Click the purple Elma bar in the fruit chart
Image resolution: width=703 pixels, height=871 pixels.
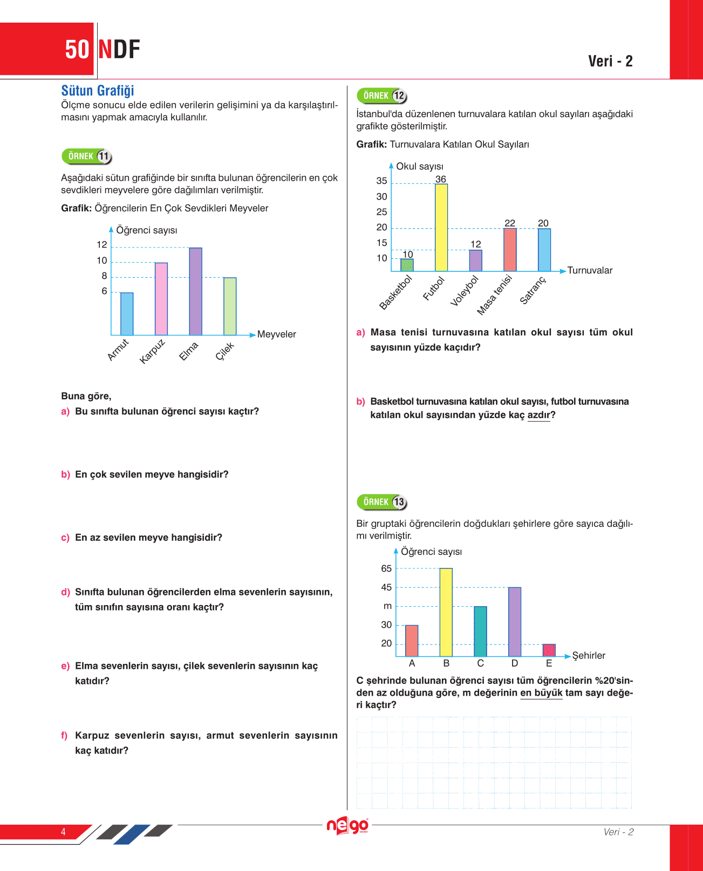(x=195, y=291)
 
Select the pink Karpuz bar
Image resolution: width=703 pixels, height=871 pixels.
(x=161, y=299)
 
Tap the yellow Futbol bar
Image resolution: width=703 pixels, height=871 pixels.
(x=441, y=228)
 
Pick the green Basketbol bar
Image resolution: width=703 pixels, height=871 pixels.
(x=407, y=265)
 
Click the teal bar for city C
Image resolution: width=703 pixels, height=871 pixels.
(x=480, y=631)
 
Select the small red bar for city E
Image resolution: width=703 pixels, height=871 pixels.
(x=549, y=650)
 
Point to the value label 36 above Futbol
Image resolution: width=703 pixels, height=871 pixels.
(x=441, y=179)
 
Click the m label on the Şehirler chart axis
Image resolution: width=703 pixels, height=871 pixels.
(x=387, y=606)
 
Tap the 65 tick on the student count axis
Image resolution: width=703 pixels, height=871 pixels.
(x=386, y=568)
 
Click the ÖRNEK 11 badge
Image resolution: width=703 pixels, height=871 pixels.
(x=87, y=156)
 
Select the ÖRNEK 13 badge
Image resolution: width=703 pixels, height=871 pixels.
(x=381, y=502)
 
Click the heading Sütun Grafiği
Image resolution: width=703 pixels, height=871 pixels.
(x=98, y=91)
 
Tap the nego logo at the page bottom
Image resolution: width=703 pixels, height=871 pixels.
(x=348, y=826)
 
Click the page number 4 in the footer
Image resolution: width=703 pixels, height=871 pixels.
(x=63, y=832)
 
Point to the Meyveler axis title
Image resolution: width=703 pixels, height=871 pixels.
(x=277, y=334)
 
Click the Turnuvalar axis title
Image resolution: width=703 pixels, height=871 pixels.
(x=590, y=270)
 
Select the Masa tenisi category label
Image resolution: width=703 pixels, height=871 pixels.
(x=494, y=295)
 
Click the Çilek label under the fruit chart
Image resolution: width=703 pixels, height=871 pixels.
(x=225, y=351)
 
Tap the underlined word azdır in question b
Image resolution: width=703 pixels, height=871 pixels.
(x=538, y=415)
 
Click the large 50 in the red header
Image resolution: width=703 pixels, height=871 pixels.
(x=77, y=50)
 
